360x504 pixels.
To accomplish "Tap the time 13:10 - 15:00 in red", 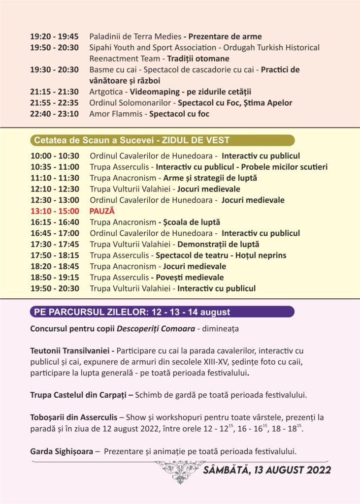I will pyautogui.click(x=55, y=211).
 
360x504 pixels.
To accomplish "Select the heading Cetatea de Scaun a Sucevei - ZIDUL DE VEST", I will pyautogui.click(x=131, y=140).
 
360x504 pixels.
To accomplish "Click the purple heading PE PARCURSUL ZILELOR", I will pyautogui.click(x=131, y=312).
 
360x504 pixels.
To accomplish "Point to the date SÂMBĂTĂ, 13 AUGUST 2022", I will pyautogui.click(x=267, y=470).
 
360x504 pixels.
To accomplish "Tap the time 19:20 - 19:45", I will pyautogui.click(x=55, y=36).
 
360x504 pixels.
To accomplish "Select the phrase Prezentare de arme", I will pyautogui.click(x=225, y=36).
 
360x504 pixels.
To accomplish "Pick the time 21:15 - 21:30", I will pyautogui.click(x=55, y=92).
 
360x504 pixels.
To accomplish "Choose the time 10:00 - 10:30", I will pyautogui.click(x=55, y=156).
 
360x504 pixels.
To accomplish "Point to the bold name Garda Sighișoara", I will pyautogui.click(x=62, y=452).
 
